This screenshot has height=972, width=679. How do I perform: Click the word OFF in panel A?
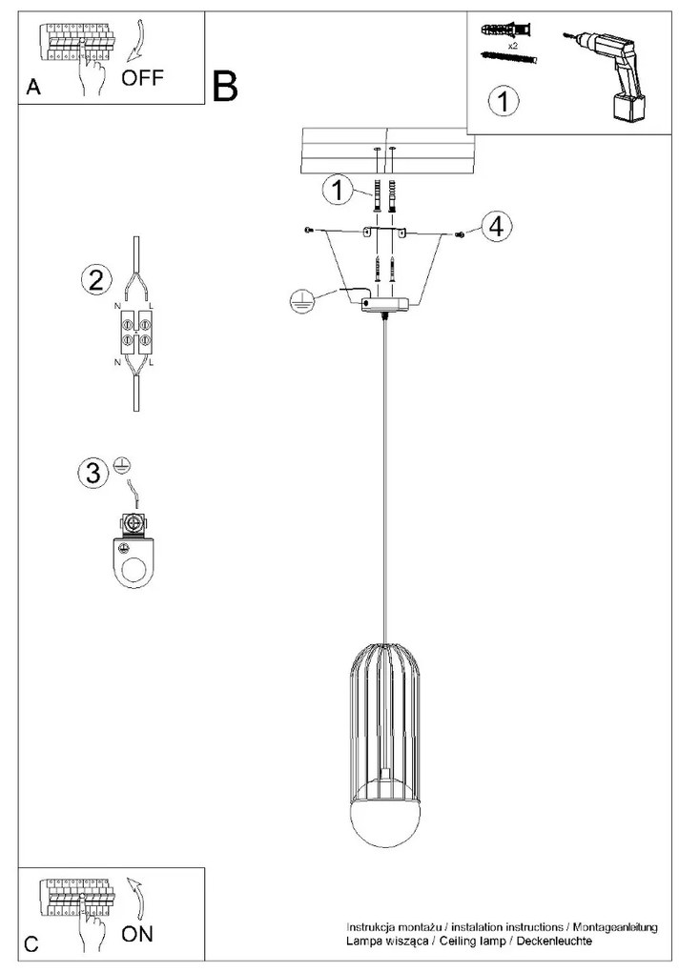pyautogui.click(x=142, y=77)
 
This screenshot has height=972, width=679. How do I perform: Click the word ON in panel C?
pyautogui.click(x=137, y=934)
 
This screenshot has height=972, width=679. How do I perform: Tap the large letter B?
pyautogui.click(x=224, y=86)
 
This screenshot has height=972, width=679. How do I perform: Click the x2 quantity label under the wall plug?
pyautogui.click(x=512, y=46)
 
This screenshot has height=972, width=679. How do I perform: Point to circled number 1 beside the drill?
pyautogui.click(x=503, y=101)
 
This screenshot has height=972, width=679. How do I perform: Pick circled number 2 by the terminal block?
pyautogui.click(x=96, y=280)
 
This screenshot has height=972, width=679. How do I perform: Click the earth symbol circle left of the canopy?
pyautogui.click(x=300, y=300)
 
